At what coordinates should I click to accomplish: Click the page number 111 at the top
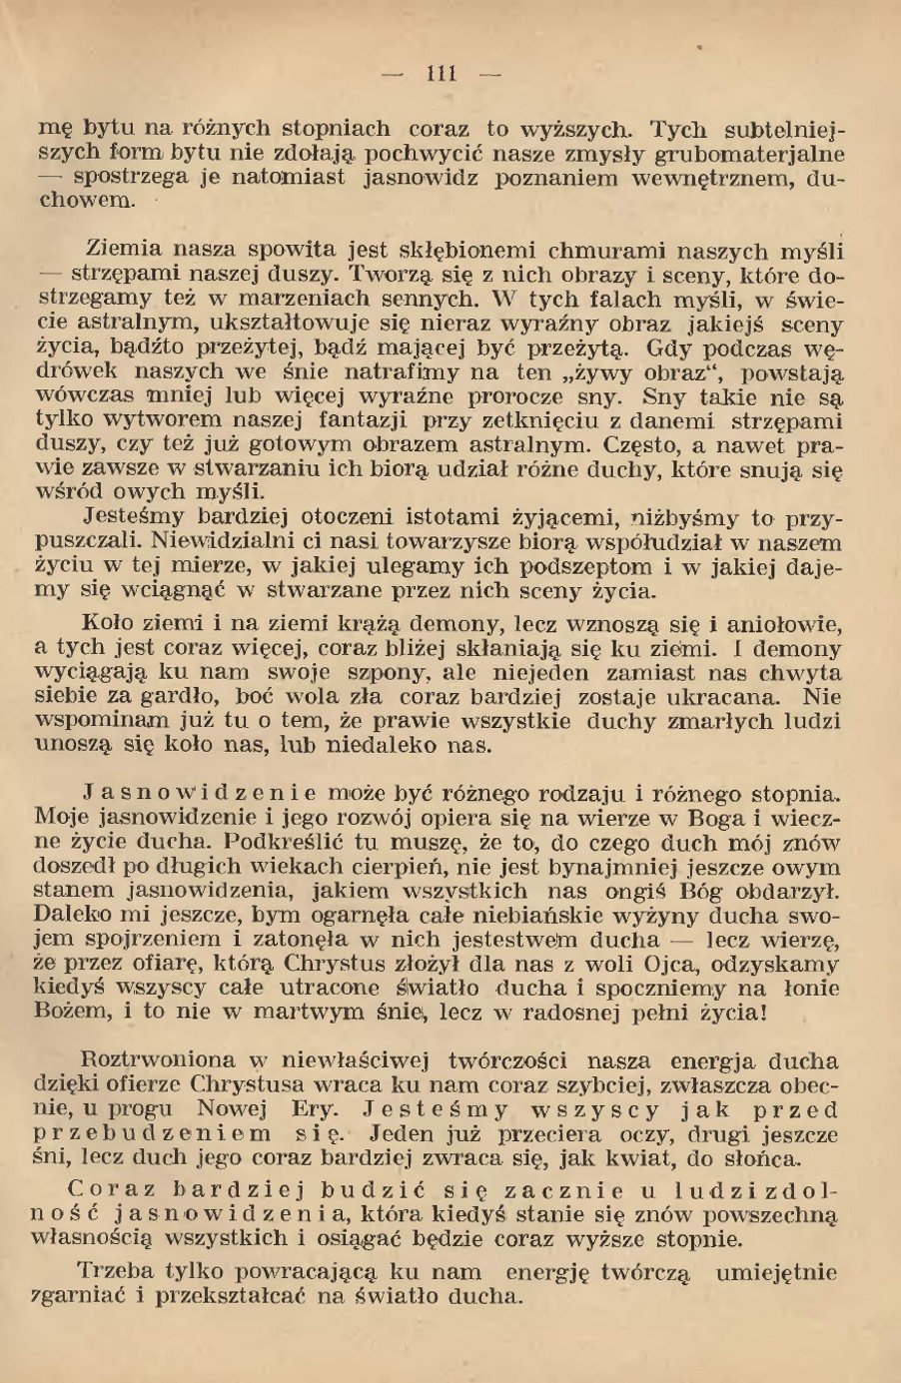tap(441, 73)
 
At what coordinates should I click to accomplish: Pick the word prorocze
tap(492, 395)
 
